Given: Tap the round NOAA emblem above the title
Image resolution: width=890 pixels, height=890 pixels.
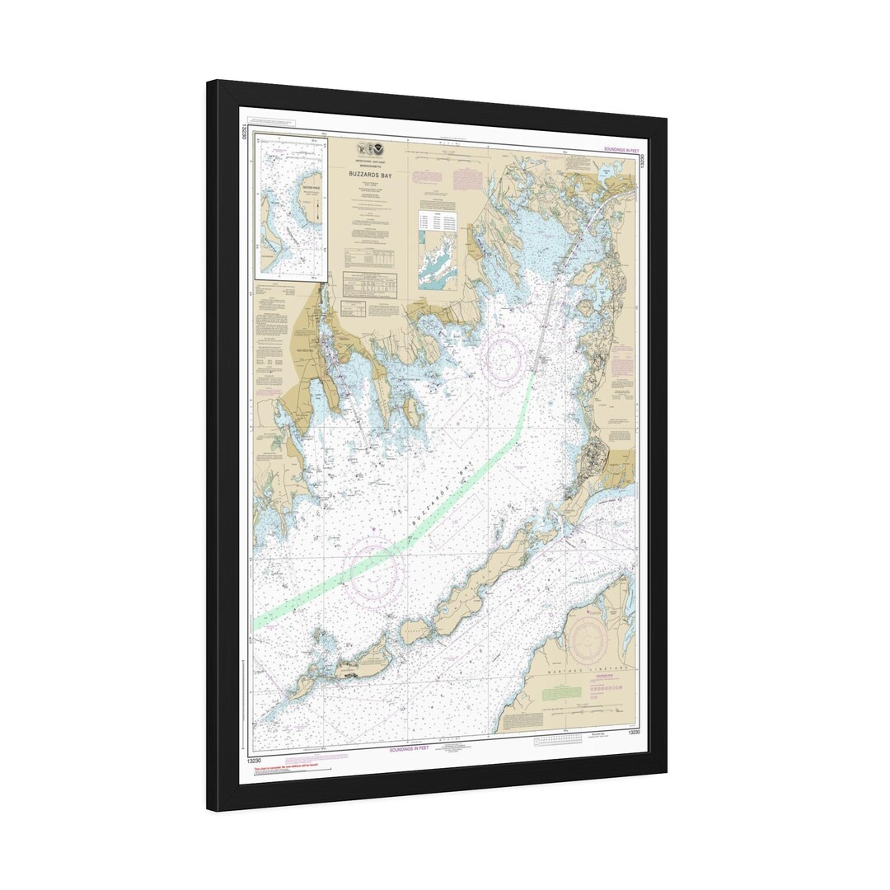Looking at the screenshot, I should click(x=378, y=149).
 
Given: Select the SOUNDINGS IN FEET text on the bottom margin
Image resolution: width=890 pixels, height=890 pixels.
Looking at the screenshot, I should click(x=410, y=748).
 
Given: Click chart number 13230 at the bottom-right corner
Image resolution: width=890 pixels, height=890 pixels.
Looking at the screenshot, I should click(x=634, y=733).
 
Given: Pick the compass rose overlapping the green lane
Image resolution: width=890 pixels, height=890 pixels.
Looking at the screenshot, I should click(x=375, y=568).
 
